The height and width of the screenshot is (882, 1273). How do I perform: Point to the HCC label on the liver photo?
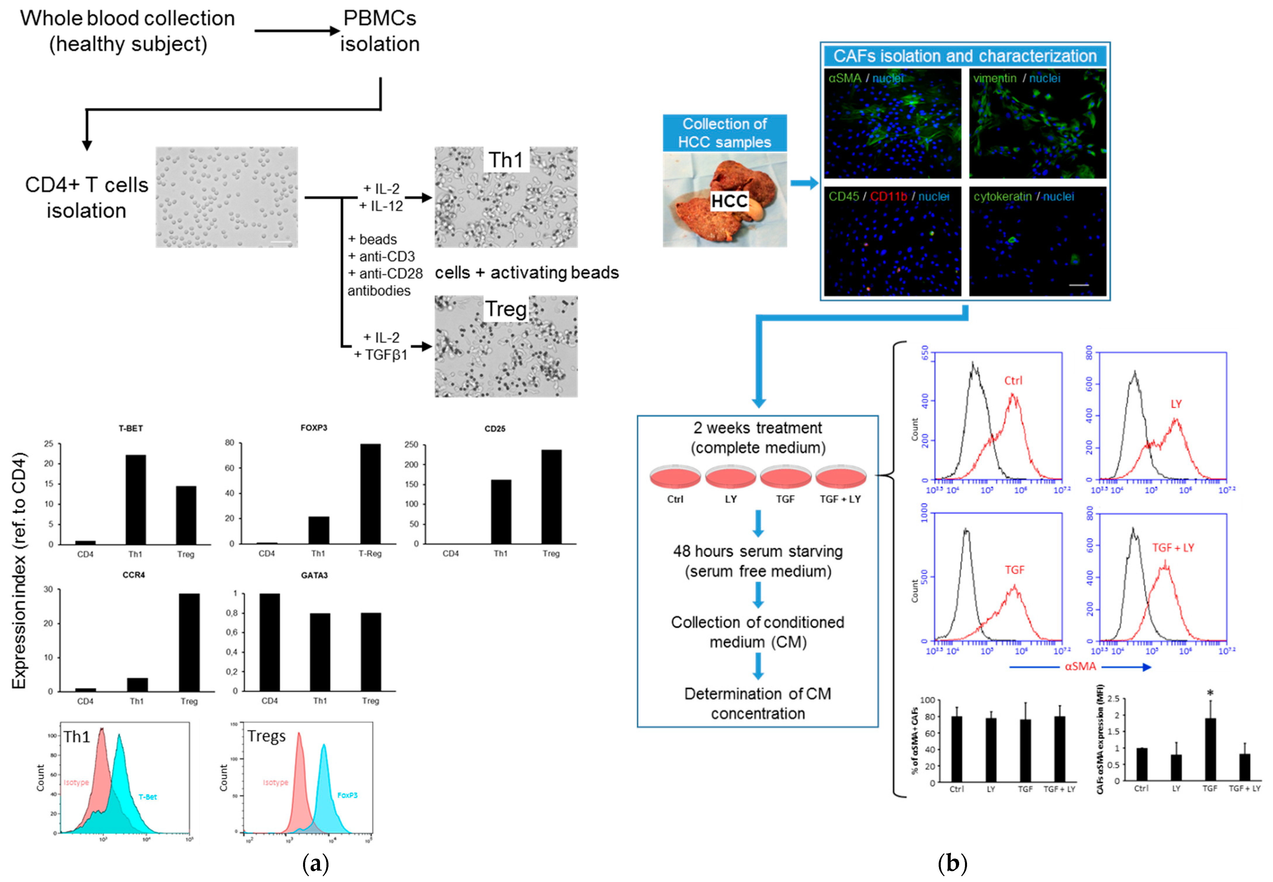729,201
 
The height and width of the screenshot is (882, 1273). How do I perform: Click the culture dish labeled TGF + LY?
840,476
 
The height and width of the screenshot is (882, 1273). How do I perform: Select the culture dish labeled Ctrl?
675,476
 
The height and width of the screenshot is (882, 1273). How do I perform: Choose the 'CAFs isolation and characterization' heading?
965,56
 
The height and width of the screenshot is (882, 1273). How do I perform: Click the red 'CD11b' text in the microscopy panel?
888,197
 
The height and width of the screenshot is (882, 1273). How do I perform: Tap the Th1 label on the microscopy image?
505,160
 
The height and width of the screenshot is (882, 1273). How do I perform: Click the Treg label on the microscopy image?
505,309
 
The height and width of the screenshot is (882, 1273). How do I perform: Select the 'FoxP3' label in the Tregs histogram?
347,795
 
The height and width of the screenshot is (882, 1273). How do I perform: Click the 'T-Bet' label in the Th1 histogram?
148,797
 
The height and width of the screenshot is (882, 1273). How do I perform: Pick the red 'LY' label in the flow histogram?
1176,404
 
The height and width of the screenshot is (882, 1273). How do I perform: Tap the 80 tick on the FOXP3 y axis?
229,443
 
